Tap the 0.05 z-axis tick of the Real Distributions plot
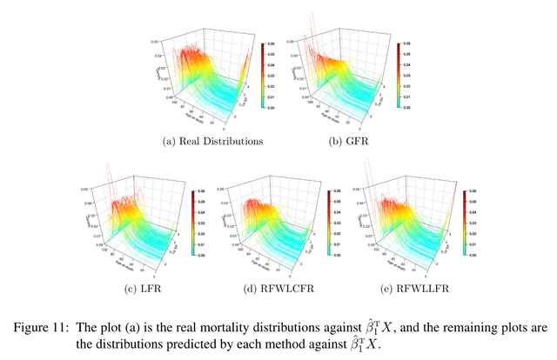153,41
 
